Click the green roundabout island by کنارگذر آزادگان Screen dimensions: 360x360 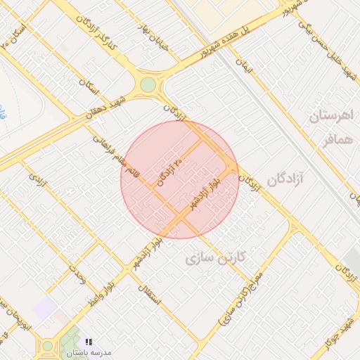[x=148, y=85]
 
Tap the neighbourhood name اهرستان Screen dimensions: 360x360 [x=334, y=116]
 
